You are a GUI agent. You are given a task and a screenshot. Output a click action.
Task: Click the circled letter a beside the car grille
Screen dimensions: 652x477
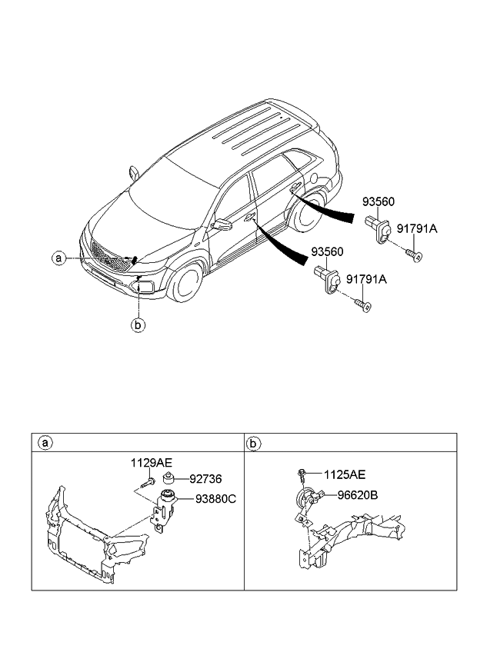tap(58, 258)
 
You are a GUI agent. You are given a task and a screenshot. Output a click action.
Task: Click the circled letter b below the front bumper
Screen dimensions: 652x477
tap(138, 325)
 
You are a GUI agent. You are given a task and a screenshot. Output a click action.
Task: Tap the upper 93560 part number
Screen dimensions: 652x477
tap(379, 202)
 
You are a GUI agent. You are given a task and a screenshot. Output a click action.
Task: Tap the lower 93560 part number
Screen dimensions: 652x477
tap(327, 251)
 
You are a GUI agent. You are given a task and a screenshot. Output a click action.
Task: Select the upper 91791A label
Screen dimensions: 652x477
tap(418, 228)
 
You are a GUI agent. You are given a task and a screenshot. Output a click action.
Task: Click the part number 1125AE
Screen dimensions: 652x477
tap(344, 474)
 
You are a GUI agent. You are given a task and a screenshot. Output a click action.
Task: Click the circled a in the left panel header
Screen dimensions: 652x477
tap(45, 443)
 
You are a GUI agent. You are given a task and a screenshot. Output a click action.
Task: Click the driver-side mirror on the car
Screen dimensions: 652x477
tap(223, 225)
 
